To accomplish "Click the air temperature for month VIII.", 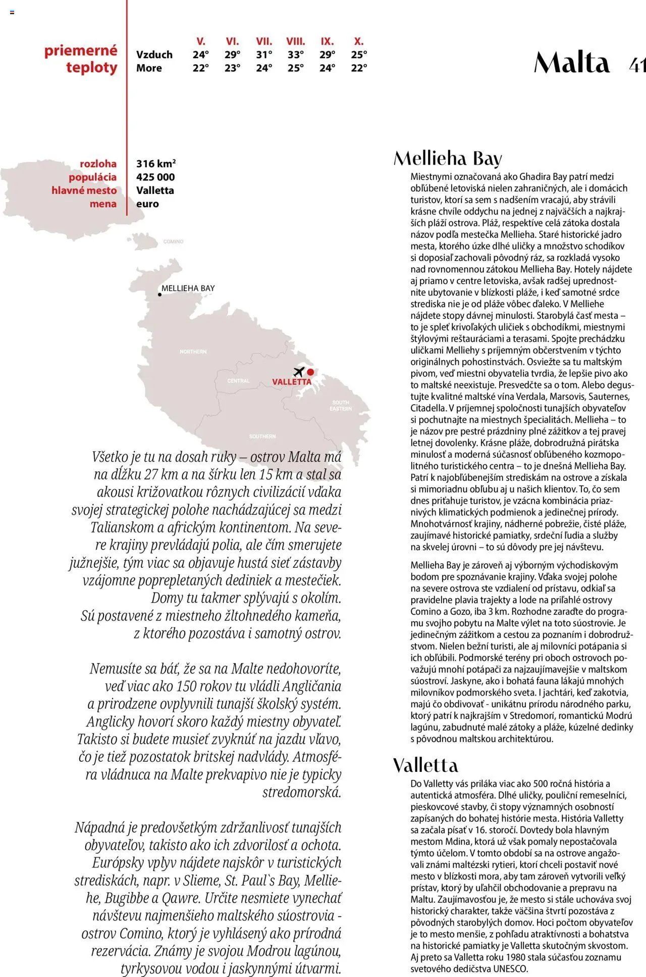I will [295, 55].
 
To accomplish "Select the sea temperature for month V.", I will [200, 68].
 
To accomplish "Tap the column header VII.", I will [264, 41].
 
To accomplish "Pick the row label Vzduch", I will [154, 55].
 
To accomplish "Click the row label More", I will [149, 68].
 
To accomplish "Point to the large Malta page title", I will [572, 63].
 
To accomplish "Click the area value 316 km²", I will [155, 164].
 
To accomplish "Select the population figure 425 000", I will [155, 177].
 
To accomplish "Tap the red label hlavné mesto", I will [84, 190].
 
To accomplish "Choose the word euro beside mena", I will [147, 204].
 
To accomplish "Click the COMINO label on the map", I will [173, 241].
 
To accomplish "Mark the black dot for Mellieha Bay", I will [159, 295].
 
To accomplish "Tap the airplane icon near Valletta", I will [299, 372].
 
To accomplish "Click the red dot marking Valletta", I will [310, 372].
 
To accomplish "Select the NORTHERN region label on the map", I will [193, 352].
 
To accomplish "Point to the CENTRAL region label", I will [238, 381].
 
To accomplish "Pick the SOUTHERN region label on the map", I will [262, 436].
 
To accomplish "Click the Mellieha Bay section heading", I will [448, 159].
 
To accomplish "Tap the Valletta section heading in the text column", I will [425, 765].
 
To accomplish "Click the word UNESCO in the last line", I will [510, 969].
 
